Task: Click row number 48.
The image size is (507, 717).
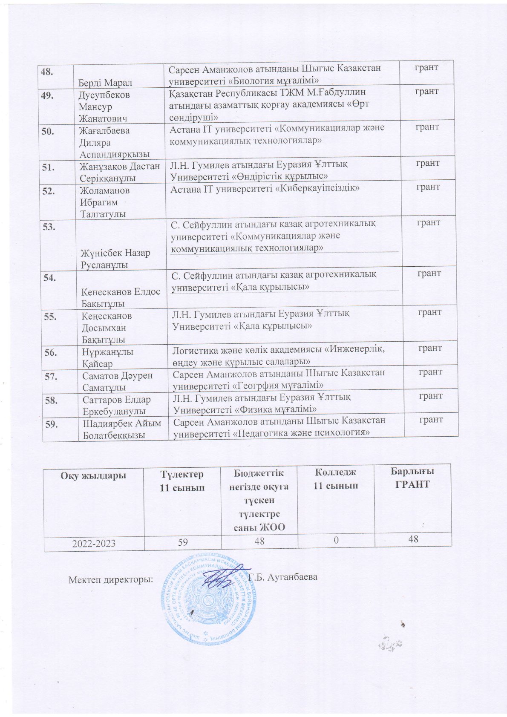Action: (x=47, y=72)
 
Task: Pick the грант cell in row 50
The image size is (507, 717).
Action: (x=427, y=127)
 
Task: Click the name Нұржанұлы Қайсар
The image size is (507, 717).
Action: (x=107, y=358)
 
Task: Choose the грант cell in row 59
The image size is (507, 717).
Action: (x=431, y=420)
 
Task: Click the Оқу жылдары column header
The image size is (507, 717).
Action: (x=94, y=475)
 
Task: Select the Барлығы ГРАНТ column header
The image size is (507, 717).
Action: (x=412, y=478)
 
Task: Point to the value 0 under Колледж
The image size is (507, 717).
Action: (x=336, y=540)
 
